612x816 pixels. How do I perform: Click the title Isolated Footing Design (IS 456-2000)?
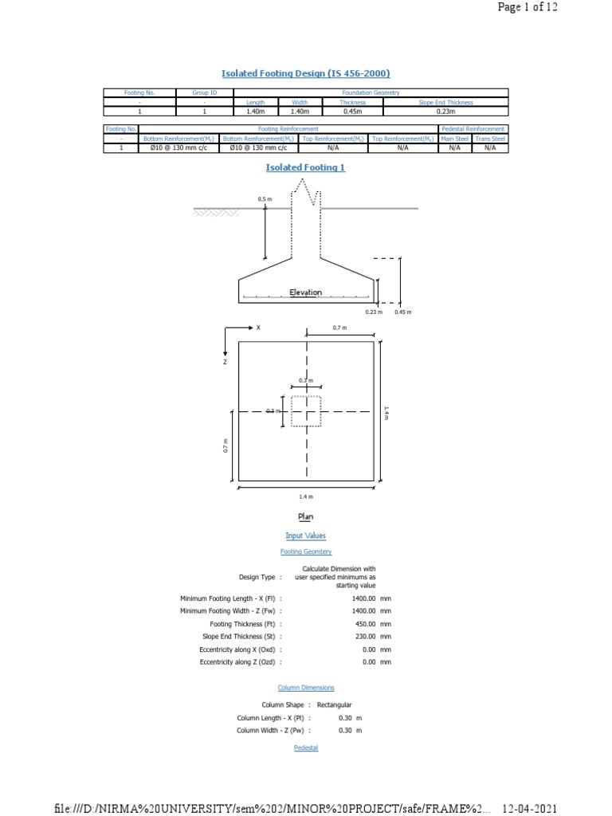(306, 73)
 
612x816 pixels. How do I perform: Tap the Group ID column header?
(205, 93)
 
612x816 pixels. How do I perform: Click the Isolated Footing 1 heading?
(305, 167)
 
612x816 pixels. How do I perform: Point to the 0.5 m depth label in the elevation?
(265, 198)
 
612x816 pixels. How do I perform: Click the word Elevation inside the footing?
(306, 292)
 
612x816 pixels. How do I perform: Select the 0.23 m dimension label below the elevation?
(374, 312)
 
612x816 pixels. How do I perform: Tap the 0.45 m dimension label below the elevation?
(402, 312)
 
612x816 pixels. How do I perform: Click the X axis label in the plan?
(258, 328)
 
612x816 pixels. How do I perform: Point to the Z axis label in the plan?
(226, 362)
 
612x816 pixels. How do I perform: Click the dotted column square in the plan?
(306, 411)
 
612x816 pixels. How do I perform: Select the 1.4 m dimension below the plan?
(306, 496)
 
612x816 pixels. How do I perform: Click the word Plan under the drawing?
(306, 516)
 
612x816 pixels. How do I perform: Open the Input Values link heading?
(306, 536)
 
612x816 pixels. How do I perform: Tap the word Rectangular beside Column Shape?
(334, 705)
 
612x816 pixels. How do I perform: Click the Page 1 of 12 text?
(528, 7)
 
